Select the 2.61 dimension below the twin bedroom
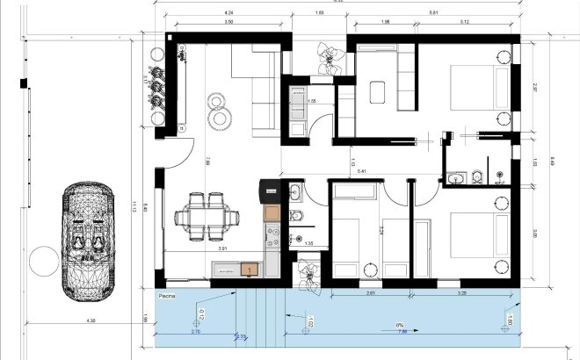(x=370, y=292)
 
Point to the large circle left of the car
(x=41, y=260)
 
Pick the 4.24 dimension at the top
(x=229, y=14)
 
